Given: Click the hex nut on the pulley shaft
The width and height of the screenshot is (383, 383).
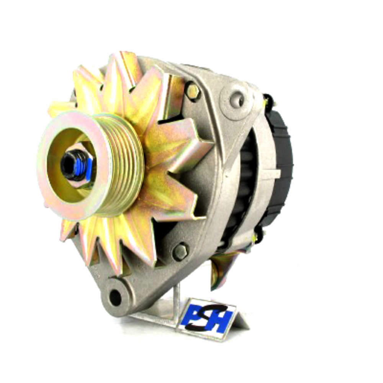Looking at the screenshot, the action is (78, 166).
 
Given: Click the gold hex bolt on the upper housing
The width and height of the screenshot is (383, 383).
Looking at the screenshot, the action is (193, 91).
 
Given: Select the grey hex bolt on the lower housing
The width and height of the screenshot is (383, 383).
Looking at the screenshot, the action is (180, 251).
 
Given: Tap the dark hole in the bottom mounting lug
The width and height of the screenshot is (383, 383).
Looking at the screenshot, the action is (115, 297).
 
